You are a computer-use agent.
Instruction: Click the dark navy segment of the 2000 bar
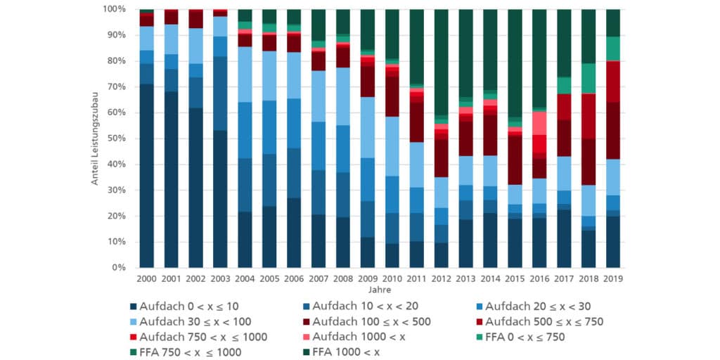[147, 176]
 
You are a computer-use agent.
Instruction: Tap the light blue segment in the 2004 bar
[245, 75]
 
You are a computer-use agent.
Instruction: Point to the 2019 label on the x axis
[613, 279]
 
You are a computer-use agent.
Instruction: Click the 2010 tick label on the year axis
[392, 279]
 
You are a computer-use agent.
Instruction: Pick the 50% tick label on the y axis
[115, 139]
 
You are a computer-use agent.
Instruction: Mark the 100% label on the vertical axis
[114, 9]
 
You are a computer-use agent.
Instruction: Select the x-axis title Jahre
[380, 289]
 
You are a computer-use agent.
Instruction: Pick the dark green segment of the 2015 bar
[515, 63]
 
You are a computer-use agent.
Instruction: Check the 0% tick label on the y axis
[118, 268]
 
